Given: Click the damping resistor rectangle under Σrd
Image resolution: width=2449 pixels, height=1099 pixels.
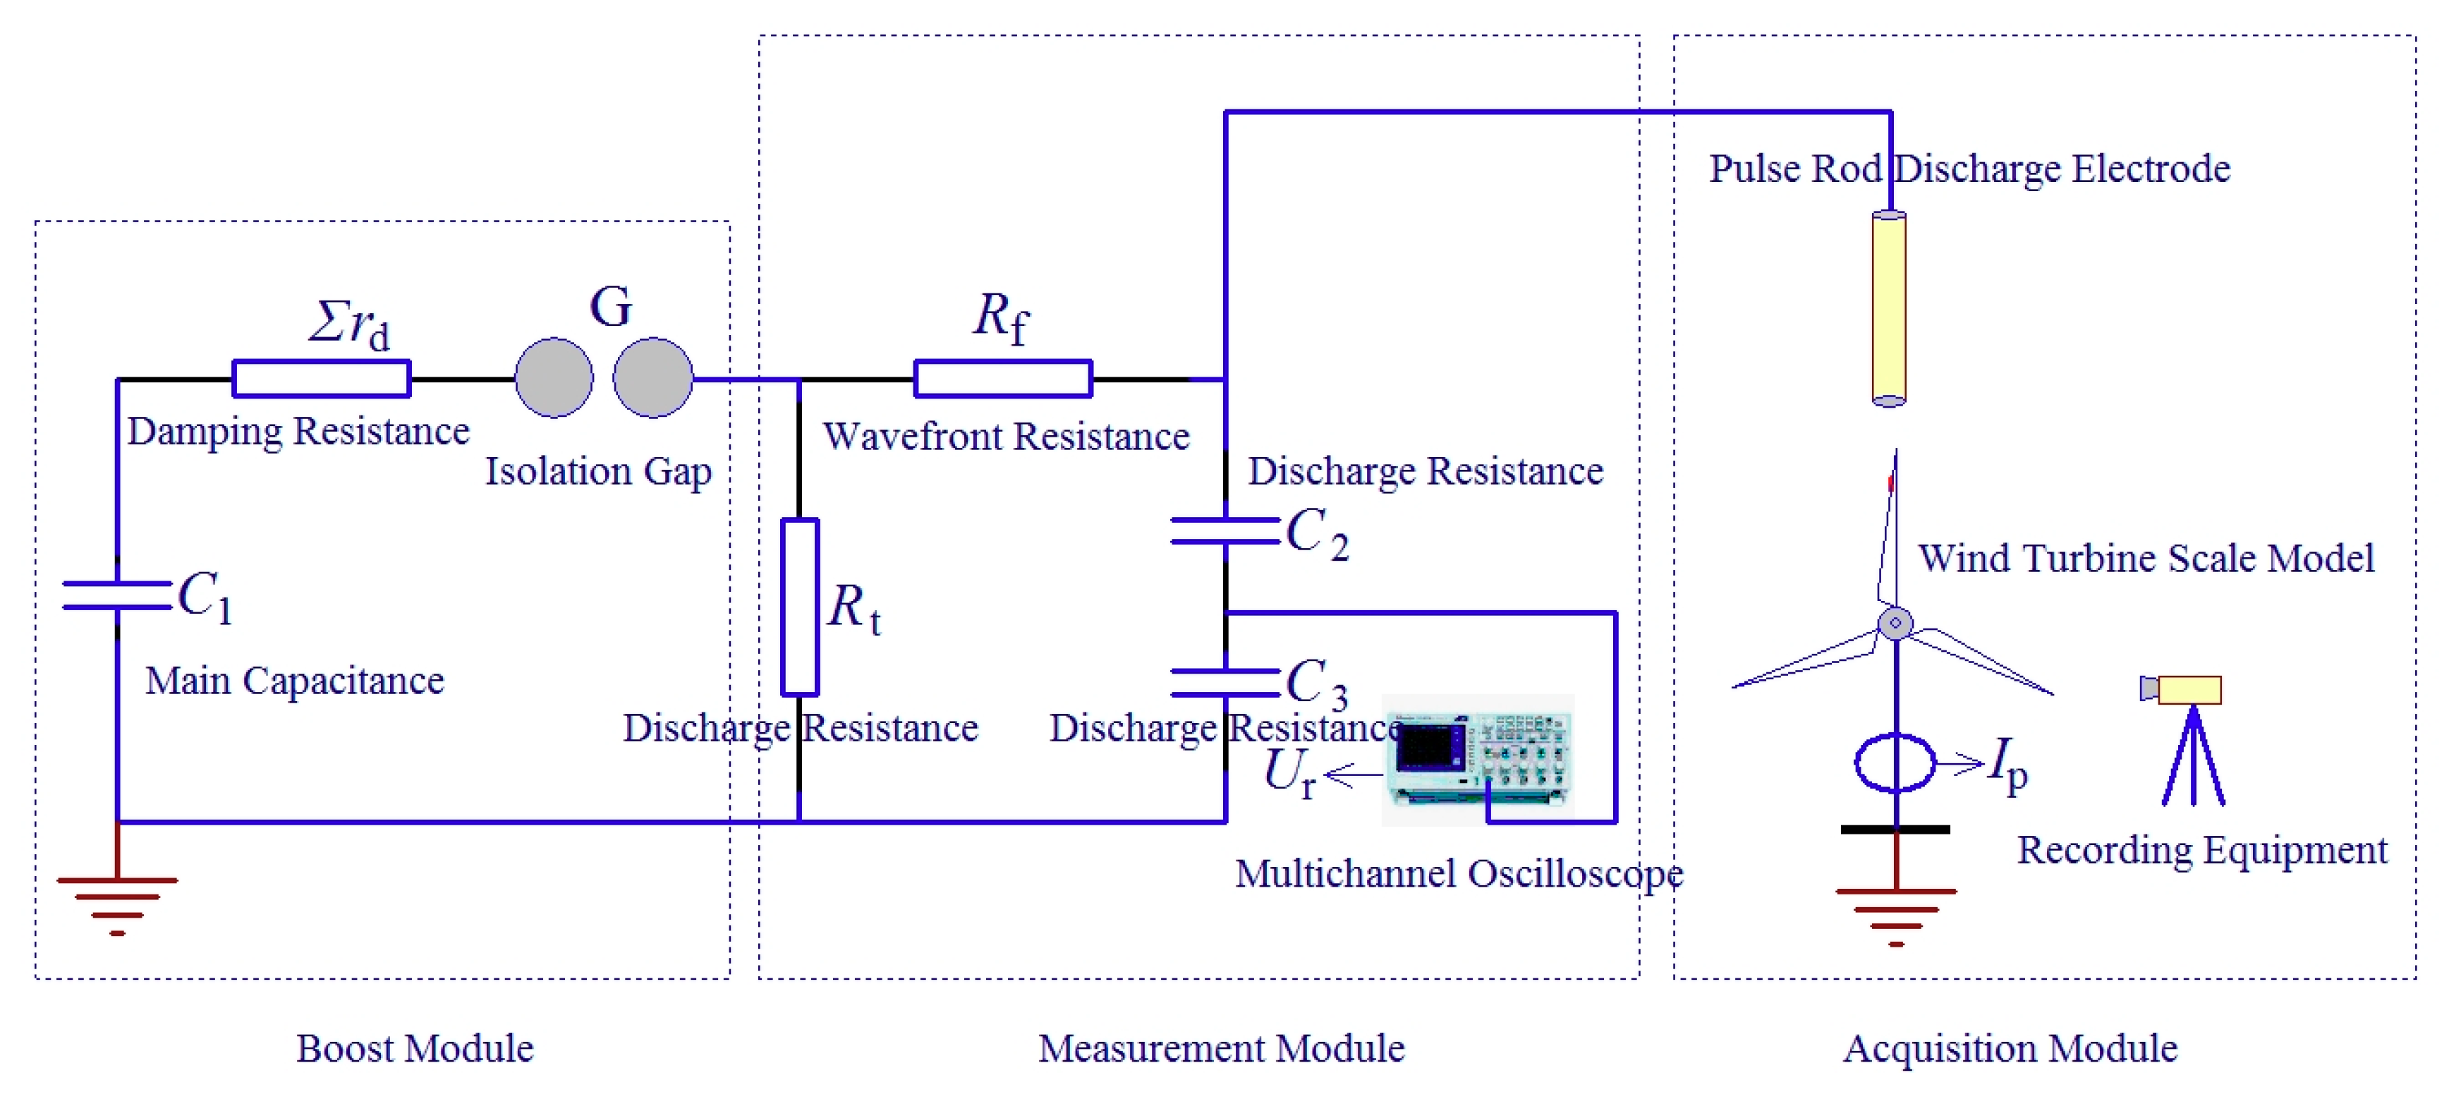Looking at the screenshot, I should pyautogui.click(x=322, y=378).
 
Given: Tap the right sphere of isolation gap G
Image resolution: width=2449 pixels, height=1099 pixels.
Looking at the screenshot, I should pyautogui.click(x=653, y=377).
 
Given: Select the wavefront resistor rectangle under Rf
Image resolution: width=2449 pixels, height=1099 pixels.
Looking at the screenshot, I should pyautogui.click(x=1002, y=378).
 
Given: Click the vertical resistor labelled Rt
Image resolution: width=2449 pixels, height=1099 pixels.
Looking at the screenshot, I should pyautogui.click(x=800, y=607).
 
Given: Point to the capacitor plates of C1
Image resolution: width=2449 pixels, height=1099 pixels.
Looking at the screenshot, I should pyautogui.click(x=117, y=595).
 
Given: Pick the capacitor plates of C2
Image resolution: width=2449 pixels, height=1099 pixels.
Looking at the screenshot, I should pyautogui.click(x=1224, y=530).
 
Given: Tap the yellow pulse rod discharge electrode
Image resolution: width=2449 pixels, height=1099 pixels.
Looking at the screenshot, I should pyautogui.click(x=1888, y=309).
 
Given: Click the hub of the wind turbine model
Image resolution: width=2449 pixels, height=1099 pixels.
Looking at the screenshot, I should pyautogui.click(x=1895, y=624).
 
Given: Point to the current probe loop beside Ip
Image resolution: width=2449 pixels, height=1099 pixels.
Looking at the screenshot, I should pyautogui.click(x=1895, y=763).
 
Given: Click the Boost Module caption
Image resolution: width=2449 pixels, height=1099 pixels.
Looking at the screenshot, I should pyautogui.click(x=415, y=1048).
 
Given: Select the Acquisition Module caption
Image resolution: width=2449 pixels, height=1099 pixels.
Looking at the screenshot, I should pyautogui.click(x=2010, y=1048).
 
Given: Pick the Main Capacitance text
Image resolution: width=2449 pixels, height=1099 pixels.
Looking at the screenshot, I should pyautogui.click(x=295, y=681).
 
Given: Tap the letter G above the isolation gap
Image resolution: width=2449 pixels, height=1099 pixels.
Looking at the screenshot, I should pyautogui.click(x=610, y=307).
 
